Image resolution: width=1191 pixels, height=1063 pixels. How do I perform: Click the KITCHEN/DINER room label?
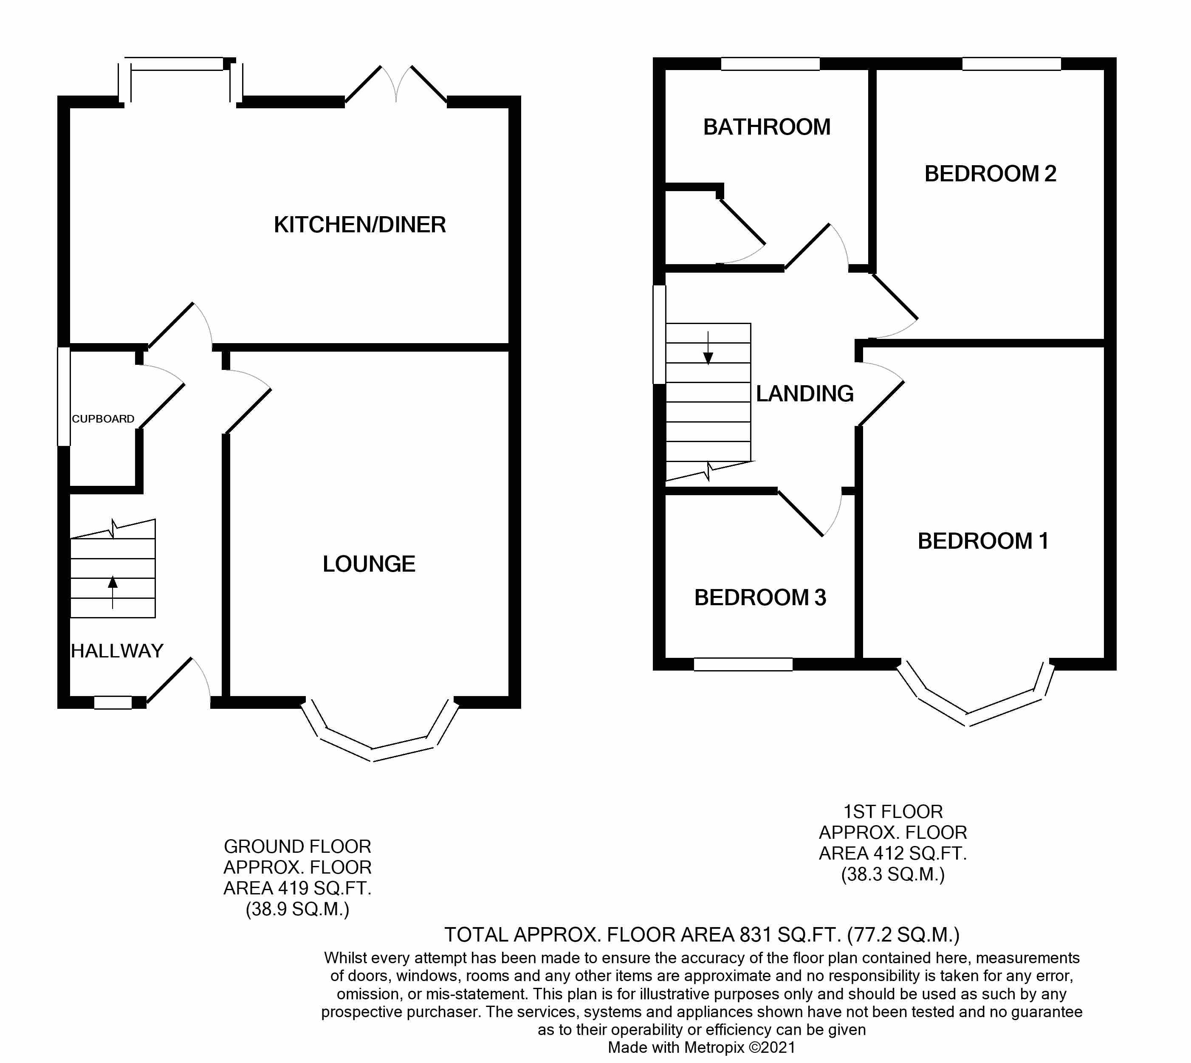coord(360,225)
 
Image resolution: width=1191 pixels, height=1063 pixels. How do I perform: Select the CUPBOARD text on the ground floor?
coord(103,419)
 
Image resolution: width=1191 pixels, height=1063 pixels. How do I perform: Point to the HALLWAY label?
coord(117,651)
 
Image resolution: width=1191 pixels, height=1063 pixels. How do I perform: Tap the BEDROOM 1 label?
coord(983,541)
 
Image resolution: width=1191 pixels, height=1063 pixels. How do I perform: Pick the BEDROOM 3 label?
coord(760,598)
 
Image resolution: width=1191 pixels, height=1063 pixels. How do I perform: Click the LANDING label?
coord(804,394)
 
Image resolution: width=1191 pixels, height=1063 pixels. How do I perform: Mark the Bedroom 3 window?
coord(743,664)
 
